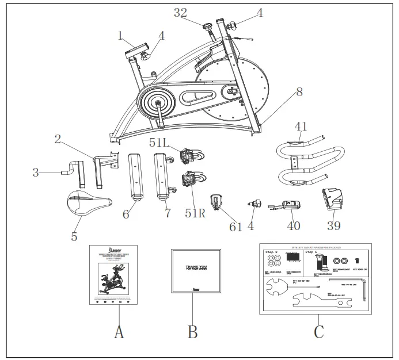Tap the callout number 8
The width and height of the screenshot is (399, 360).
pyautogui.click(x=299, y=91)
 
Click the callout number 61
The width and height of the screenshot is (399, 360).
pyautogui.click(x=236, y=227)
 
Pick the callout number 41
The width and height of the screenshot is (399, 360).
pyautogui.click(x=300, y=125)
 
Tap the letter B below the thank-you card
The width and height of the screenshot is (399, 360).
pyautogui.click(x=193, y=332)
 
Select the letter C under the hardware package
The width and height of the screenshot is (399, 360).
pyautogui.click(x=318, y=332)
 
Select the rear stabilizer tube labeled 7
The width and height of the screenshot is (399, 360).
pyautogui.click(x=163, y=175)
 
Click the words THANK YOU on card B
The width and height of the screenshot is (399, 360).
pyautogui.click(x=197, y=267)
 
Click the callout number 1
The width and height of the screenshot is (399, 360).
pyautogui.click(x=120, y=35)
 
